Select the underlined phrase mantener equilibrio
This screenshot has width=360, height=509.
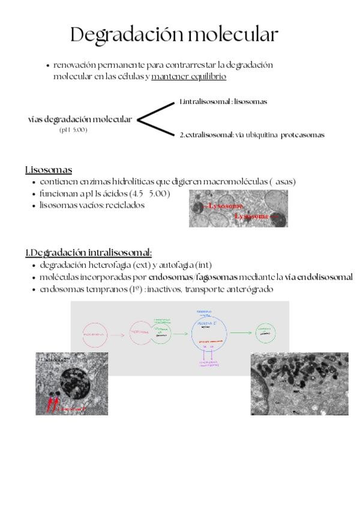(188, 77)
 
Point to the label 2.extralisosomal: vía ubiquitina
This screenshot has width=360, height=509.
(229, 135)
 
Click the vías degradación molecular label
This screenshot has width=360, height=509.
(80, 119)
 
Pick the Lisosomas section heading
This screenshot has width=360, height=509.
(49, 170)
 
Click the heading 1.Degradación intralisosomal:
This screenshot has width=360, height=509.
(88, 253)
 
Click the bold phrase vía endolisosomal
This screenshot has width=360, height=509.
(319, 277)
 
